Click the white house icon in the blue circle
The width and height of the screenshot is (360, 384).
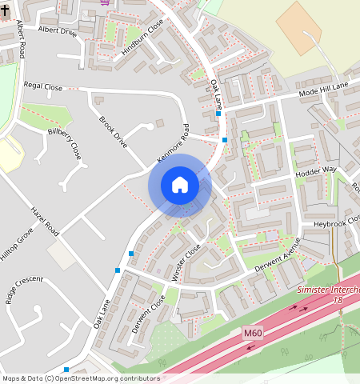[x=180, y=185]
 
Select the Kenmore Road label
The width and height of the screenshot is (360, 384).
[x=173, y=145]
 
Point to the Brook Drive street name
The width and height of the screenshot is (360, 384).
[x=113, y=133]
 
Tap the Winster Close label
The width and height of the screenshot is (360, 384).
[x=185, y=262]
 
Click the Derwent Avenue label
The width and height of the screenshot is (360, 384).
[x=277, y=256]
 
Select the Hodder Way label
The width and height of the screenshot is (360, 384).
[x=315, y=170]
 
